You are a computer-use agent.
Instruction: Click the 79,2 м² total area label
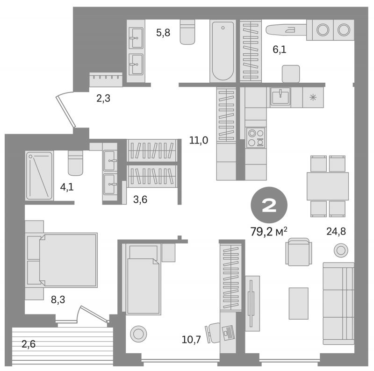(x=268, y=231)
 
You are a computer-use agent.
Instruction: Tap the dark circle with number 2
(x=269, y=205)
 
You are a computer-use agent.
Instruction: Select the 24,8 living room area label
(x=336, y=231)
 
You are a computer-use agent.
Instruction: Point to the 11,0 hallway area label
(x=198, y=140)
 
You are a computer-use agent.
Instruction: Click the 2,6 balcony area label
(x=29, y=344)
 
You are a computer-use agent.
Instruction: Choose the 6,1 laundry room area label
(x=279, y=50)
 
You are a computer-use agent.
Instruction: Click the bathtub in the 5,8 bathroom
(x=223, y=51)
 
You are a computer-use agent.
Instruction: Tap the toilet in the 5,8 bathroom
(x=187, y=32)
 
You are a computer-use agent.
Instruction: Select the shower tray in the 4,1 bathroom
(x=39, y=176)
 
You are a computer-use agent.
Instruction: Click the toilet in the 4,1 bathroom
(x=75, y=163)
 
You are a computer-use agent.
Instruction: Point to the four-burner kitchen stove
(x=256, y=137)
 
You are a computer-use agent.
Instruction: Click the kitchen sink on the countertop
(x=280, y=96)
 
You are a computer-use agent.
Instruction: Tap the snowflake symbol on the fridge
(x=313, y=97)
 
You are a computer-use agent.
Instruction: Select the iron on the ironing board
(x=290, y=30)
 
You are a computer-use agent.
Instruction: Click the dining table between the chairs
(x=328, y=186)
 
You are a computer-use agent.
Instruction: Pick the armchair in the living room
(x=299, y=252)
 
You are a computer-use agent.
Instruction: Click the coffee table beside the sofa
(x=298, y=303)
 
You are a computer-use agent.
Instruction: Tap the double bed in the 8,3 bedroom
(x=62, y=260)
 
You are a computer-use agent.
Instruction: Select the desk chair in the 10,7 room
(x=213, y=333)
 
